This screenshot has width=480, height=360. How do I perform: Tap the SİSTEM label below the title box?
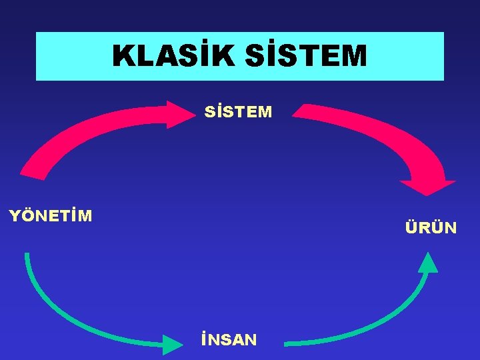pyautogui.click(x=239, y=111)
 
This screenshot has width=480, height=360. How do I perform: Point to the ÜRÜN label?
pyautogui.click(x=431, y=228)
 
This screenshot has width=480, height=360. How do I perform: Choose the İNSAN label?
pyautogui.click(x=229, y=340)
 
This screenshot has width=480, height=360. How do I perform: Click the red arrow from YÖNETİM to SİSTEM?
pyautogui.click(x=80, y=130)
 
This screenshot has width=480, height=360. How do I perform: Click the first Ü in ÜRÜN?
pyautogui.click(x=411, y=228)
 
